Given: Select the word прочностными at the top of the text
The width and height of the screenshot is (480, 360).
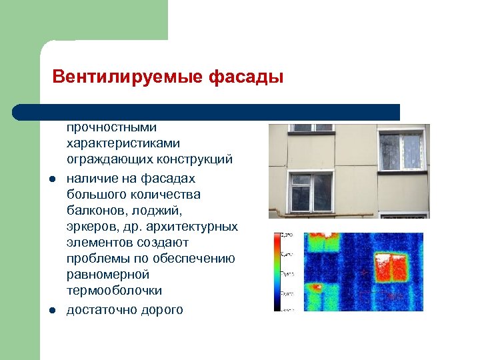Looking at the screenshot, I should pos(111,127).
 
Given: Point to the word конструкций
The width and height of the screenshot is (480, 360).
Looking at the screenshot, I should pos(198,159).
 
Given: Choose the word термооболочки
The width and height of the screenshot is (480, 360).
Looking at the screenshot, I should pos(114,291).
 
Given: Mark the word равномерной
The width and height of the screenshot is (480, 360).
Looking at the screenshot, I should pos(108,275).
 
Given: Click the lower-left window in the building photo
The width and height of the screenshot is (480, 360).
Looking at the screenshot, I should pos(311,191).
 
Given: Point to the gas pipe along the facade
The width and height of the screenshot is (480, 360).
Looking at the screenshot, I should pos(333,215).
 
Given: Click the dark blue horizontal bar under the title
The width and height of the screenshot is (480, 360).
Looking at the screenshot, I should pos(207,112).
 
